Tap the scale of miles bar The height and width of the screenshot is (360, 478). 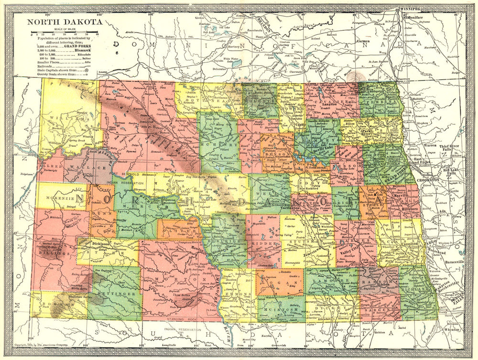tap(64, 34)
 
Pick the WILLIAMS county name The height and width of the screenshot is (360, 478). tap(65, 115)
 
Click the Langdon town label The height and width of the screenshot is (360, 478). tap(329, 103)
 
